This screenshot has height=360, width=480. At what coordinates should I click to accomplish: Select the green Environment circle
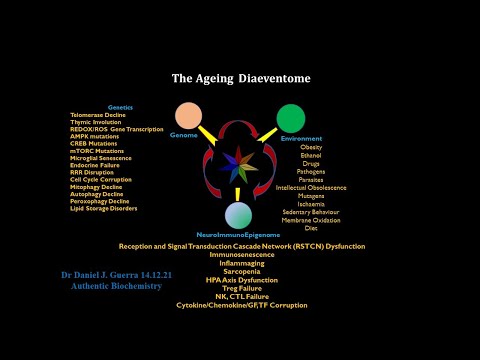pos(292,116)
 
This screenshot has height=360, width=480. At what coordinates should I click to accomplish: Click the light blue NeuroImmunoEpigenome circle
pos(240,215)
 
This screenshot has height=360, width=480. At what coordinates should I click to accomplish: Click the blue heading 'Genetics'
pos(120,106)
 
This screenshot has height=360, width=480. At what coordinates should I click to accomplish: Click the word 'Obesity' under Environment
pos(312,147)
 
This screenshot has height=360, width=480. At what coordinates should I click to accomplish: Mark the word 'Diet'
pos(312,228)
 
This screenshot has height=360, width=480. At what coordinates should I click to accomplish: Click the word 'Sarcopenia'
pos(240,270)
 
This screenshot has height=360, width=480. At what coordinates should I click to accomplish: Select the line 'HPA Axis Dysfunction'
pos(240,279)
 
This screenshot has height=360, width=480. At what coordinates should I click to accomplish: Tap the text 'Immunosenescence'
pos(240,254)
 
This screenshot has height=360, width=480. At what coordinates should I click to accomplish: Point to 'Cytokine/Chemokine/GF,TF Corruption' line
pos(241,304)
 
